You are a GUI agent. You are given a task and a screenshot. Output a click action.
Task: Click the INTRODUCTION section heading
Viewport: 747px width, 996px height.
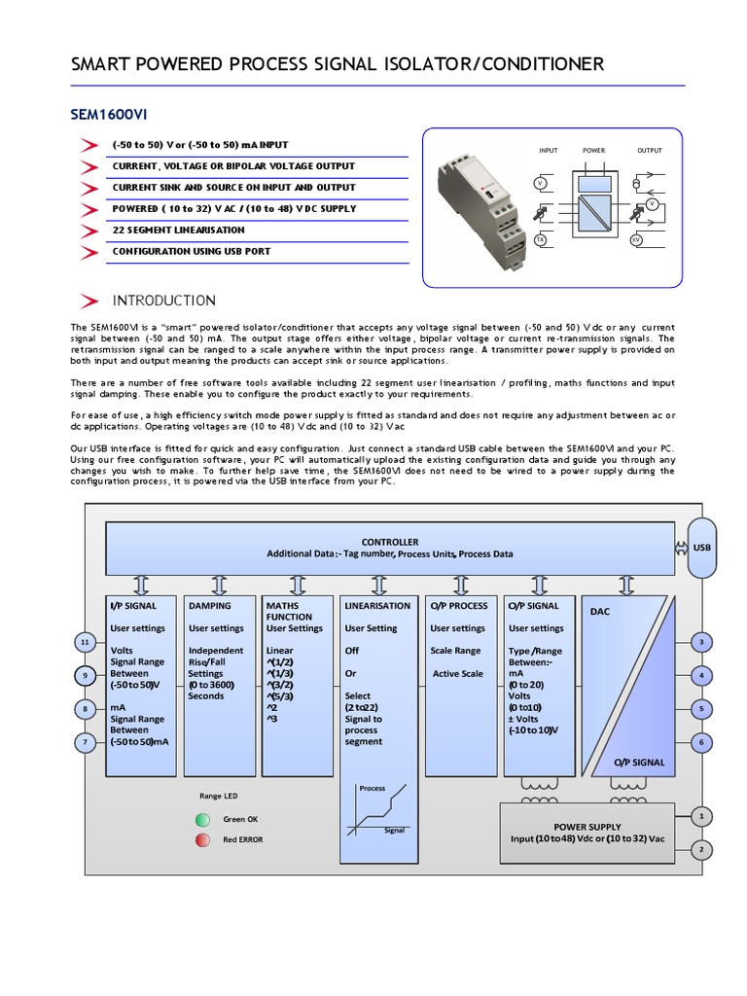(163, 300)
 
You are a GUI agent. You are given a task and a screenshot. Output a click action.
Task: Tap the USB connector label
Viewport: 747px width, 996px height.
(701, 547)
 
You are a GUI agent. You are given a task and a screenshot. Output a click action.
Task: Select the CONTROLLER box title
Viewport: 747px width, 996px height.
(389, 542)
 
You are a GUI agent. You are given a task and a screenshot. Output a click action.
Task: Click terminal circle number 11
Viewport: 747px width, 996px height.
(86, 642)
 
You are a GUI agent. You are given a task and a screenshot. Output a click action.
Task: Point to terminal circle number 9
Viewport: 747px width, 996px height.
(86, 676)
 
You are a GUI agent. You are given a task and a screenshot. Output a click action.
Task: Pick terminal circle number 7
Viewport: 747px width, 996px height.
(86, 742)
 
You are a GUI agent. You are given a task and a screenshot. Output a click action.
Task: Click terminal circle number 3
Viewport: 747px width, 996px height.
(700, 642)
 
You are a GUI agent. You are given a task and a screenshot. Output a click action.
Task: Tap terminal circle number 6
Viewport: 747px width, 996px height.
(700, 742)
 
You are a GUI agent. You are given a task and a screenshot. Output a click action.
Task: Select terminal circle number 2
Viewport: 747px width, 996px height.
(700, 849)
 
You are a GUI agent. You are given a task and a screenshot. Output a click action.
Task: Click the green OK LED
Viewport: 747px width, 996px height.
(203, 819)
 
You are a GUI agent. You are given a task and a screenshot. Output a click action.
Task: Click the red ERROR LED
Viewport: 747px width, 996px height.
(203, 839)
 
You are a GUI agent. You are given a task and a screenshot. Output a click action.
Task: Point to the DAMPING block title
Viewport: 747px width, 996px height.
(210, 605)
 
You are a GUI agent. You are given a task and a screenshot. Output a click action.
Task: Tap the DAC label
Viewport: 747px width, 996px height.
(599, 612)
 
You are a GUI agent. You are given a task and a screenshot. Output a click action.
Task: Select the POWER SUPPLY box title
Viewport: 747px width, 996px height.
(587, 826)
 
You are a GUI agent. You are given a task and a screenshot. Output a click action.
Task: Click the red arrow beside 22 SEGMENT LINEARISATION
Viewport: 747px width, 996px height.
(89, 231)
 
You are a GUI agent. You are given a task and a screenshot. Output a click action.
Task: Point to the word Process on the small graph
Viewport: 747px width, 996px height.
(373, 788)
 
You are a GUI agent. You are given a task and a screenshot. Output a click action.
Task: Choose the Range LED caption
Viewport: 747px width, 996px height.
(218, 796)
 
